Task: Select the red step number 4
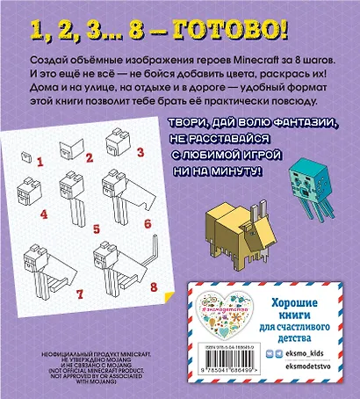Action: click(44, 215)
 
